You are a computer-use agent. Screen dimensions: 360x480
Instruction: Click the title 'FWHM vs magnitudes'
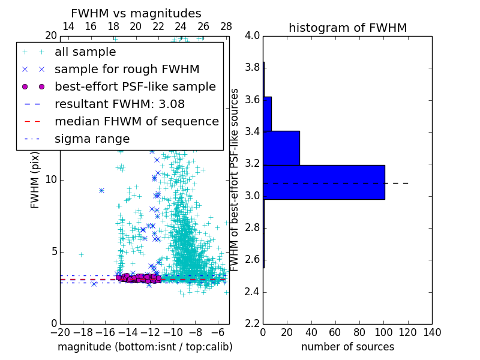136,14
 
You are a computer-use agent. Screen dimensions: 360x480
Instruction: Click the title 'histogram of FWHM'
347,28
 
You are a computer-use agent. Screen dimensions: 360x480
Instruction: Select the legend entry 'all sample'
85,52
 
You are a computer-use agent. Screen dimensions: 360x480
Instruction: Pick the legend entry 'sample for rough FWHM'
127,69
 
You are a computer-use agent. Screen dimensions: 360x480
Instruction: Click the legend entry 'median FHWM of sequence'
136,121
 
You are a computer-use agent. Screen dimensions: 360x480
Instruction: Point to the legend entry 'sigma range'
92,139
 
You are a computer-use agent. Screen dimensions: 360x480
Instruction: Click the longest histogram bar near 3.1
324,182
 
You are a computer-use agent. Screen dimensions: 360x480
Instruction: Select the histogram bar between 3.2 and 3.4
281,148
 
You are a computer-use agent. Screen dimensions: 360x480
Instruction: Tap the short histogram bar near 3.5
267,113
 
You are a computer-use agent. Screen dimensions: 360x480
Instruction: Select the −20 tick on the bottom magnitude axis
60,332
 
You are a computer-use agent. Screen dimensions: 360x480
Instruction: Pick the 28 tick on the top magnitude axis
226,26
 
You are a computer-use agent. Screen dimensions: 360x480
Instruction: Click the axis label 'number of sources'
347,347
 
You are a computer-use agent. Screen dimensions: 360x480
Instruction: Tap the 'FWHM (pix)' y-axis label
35,180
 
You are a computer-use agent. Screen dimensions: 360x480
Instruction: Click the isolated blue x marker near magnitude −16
101,190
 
